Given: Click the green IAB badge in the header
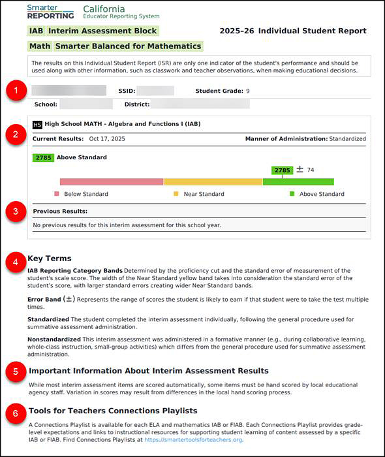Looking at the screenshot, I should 37,31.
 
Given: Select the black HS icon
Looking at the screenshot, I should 37,124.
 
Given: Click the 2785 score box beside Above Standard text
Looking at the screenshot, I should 42,157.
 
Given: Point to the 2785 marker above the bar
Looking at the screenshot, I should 282,170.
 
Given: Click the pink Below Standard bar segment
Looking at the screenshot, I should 111,182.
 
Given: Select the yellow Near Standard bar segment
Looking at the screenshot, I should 213,182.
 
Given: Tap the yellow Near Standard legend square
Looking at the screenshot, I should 176,194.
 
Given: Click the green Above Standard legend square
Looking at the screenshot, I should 292,194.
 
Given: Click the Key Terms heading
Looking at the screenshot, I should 50,259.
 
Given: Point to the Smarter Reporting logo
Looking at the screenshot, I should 50,11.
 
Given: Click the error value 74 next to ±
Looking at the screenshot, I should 311,170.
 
